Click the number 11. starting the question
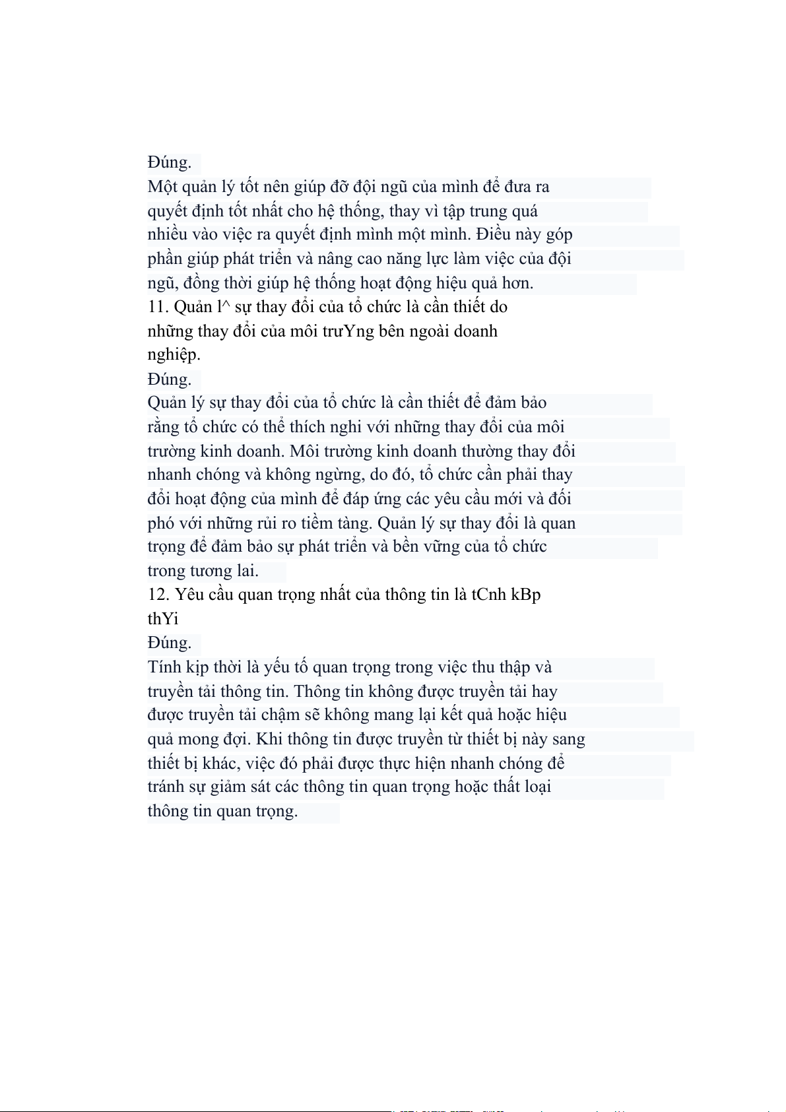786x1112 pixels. [158, 307]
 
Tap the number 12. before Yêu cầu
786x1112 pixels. [158, 595]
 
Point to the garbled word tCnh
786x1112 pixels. [488, 595]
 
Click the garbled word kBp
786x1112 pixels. [526, 595]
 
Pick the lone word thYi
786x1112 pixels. [163, 619]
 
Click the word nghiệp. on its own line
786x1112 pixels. [174, 355]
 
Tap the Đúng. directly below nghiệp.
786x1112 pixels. [170, 379]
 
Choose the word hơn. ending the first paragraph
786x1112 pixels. [517, 283]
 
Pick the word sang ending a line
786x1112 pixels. [568, 739]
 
